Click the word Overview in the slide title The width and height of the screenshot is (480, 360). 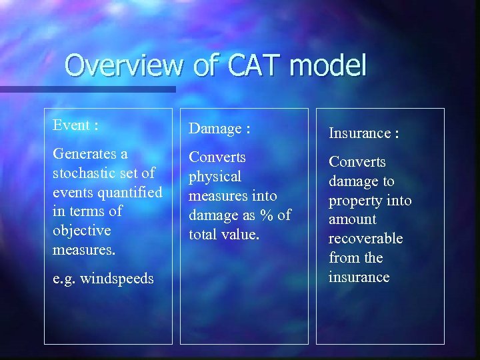[x=123, y=66]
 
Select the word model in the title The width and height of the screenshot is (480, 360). [x=330, y=66]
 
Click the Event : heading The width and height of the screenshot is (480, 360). [x=76, y=125]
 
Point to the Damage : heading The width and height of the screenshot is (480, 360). [x=219, y=128]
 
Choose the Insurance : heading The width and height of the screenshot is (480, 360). [x=363, y=133]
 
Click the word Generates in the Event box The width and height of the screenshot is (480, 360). [x=82, y=154]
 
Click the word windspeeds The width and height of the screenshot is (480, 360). [x=117, y=278]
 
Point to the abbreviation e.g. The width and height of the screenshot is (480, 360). [x=64, y=279]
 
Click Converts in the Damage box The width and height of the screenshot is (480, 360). [x=217, y=157]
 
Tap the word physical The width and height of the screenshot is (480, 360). [x=215, y=177]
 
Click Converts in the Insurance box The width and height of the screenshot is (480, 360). [x=357, y=162]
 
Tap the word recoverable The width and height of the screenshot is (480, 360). [x=365, y=239]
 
